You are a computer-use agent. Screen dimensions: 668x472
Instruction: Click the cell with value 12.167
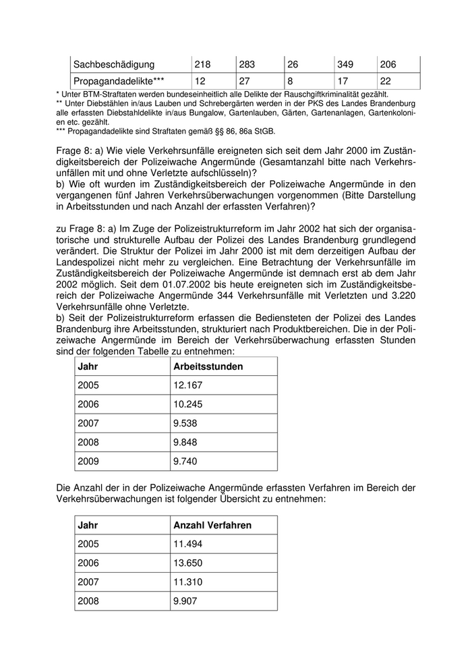tap(188, 385)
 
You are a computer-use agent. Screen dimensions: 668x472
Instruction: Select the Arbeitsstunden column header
tap(208, 366)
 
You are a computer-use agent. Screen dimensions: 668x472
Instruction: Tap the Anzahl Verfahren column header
tap(212, 525)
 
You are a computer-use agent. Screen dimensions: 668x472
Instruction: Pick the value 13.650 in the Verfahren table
tap(188, 563)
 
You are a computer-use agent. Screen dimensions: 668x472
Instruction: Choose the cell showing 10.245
tap(188, 404)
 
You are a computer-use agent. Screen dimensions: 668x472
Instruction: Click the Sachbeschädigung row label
tap(114, 65)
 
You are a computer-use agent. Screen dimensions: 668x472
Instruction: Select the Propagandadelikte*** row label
tap(119, 81)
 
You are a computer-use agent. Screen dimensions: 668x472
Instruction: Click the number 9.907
tap(185, 601)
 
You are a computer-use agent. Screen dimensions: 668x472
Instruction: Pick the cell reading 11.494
tap(188, 544)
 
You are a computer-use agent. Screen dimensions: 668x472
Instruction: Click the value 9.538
tap(185, 423)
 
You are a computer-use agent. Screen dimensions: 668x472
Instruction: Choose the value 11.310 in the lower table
tap(188, 582)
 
